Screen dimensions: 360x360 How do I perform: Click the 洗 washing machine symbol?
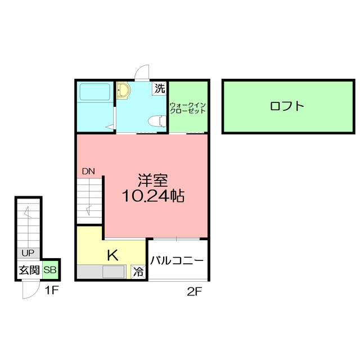click(159, 88)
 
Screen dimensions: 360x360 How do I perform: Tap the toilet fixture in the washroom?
click(157, 121)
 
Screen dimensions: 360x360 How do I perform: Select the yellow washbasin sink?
click(123, 91)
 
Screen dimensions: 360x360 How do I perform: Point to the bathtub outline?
click(95, 92)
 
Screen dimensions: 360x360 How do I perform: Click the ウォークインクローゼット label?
click(187, 108)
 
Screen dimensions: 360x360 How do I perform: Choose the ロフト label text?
click(287, 106)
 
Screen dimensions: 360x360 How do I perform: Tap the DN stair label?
click(88, 171)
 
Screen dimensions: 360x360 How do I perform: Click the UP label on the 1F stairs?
click(28, 253)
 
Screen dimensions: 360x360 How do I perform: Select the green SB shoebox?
click(50, 270)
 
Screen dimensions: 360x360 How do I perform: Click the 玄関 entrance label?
click(29, 270)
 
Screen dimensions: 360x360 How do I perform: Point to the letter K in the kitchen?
click(113, 255)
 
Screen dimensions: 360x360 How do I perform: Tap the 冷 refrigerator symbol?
click(138, 272)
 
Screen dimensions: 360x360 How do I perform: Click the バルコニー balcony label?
click(177, 260)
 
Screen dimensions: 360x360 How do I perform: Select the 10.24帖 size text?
click(153, 196)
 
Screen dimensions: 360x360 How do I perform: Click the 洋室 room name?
click(153, 181)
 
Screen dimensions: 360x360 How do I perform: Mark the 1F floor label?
click(52, 290)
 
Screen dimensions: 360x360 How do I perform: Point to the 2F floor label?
click(195, 291)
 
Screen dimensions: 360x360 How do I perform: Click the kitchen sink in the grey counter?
click(114, 272)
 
